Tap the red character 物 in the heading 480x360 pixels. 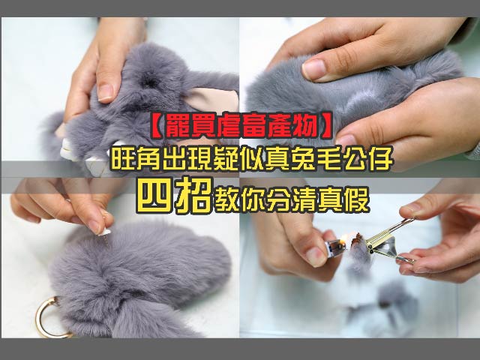point(305,126)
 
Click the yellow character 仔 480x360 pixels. point(380,158)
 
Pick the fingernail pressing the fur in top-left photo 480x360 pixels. point(106,93)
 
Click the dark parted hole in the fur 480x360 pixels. point(150,80)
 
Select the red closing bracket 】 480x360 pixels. point(325,126)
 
